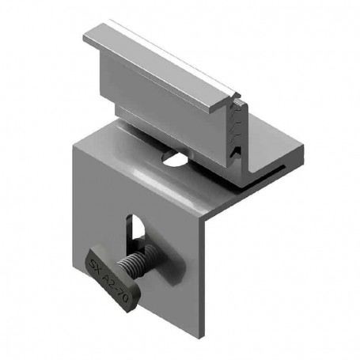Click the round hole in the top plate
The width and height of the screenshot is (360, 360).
click(x=176, y=158)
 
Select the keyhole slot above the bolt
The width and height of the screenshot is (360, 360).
click(x=136, y=230)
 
